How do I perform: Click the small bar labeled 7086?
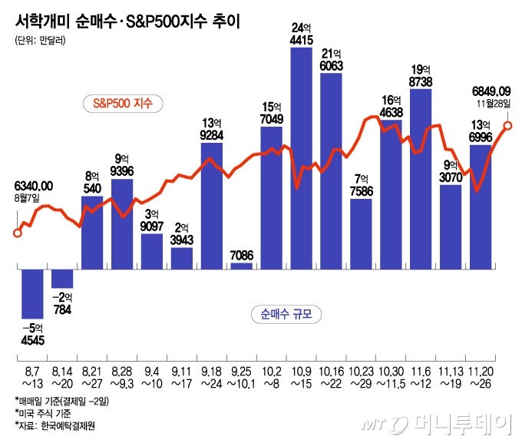point(241,266)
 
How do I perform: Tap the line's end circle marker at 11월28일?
point(507,125)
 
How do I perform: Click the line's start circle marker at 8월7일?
point(18,233)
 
